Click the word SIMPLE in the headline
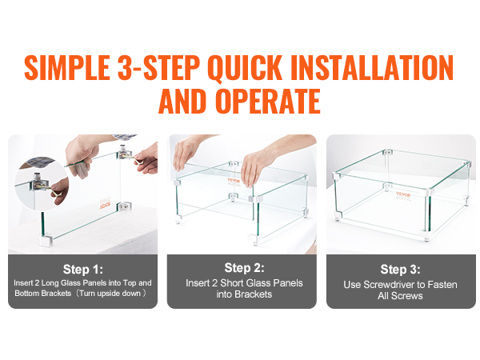[x=67, y=68]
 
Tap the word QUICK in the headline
[x=244, y=68]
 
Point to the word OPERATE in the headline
[x=268, y=102]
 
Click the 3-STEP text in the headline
[x=158, y=68]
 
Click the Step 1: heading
[x=83, y=270]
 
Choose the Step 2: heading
[x=244, y=268]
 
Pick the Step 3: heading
[x=401, y=270]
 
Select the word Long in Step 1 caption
[x=50, y=283]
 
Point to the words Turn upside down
[x=110, y=294]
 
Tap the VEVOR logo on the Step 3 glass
[x=403, y=195]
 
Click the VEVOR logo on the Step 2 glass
[x=234, y=181]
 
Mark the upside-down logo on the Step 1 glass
[x=105, y=206]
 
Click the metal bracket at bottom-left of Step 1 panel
[x=45, y=241]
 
